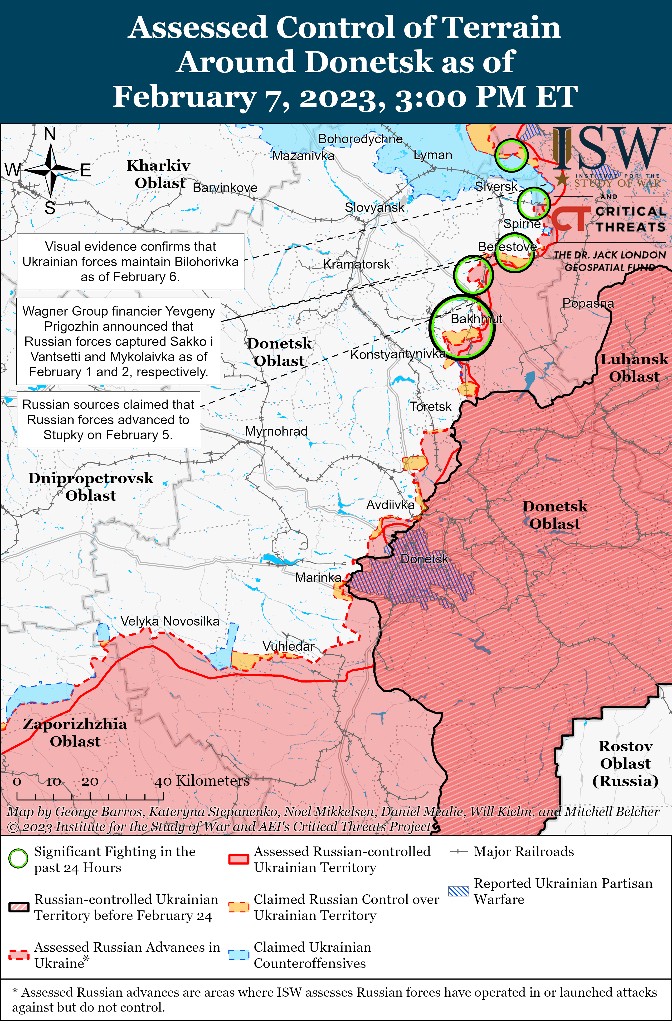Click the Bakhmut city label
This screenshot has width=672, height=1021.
point(476,319)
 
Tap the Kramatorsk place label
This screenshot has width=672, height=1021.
point(356,264)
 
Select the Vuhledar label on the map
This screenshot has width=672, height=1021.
point(288,646)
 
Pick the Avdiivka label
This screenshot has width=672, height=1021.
point(390,505)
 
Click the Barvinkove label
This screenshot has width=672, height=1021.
point(225,188)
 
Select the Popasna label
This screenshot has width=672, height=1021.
point(588,303)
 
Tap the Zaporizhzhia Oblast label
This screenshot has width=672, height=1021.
point(75,732)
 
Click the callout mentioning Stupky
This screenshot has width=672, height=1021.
point(108,419)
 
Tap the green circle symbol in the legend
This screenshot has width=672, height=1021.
point(18,858)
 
